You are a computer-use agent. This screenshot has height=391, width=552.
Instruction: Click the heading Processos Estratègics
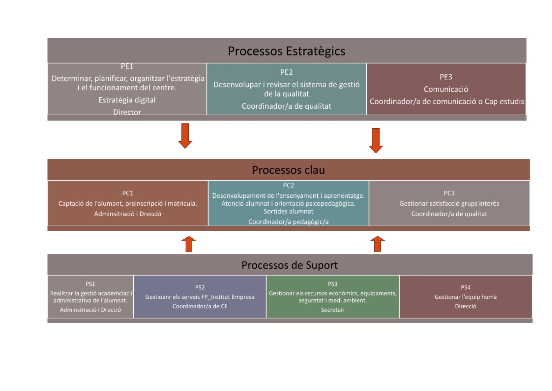[x=286, y=51]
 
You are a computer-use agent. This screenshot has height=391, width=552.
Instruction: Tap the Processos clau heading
[x=288, y=170]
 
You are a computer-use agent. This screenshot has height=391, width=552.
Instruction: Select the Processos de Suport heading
[x=289, y=265]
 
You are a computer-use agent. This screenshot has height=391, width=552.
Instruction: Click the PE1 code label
[x=127, y=66]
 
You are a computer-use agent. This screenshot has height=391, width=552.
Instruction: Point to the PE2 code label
[x=286, y=72]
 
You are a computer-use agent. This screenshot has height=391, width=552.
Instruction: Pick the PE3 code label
[x=446, y=77]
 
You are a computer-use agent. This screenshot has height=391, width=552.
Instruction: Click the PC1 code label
[x=128, y=193]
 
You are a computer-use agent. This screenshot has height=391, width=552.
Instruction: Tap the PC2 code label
[x=288, y=185]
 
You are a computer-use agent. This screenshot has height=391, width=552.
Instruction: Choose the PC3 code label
[x=449, y=193]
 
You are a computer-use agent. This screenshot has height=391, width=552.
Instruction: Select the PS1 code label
[x=90, y=284]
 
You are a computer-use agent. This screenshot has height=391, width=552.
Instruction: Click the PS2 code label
[x=200, y=287]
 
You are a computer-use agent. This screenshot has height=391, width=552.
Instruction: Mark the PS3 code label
[x=332, y=284]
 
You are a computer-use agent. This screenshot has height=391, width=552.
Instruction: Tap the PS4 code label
[x=466, y=287]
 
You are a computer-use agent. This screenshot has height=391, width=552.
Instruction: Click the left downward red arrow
[x=185, y=136]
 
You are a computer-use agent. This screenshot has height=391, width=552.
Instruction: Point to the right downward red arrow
[x=376, y=140]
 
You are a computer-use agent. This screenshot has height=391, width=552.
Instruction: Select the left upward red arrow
[x=189, y=244]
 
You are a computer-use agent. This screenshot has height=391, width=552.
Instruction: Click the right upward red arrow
[x=377, y=244]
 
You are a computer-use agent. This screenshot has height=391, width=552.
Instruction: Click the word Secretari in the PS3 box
[x=332, y=310]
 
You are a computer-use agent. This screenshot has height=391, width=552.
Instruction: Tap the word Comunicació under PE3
[x=446, y=89]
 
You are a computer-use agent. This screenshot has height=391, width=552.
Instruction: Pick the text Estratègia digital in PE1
[x=127, y=100]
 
